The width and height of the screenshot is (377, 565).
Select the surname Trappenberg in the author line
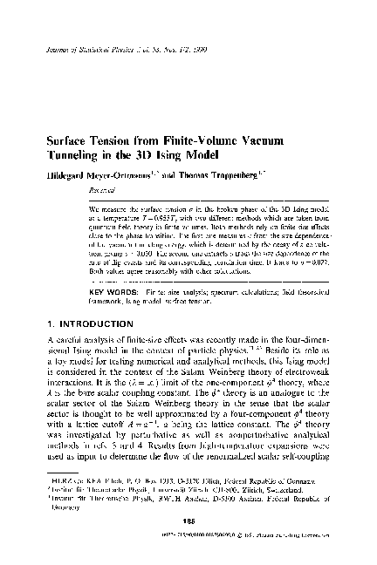[x=270, y=174]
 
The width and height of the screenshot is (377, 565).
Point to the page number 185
[x=188, y=547]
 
